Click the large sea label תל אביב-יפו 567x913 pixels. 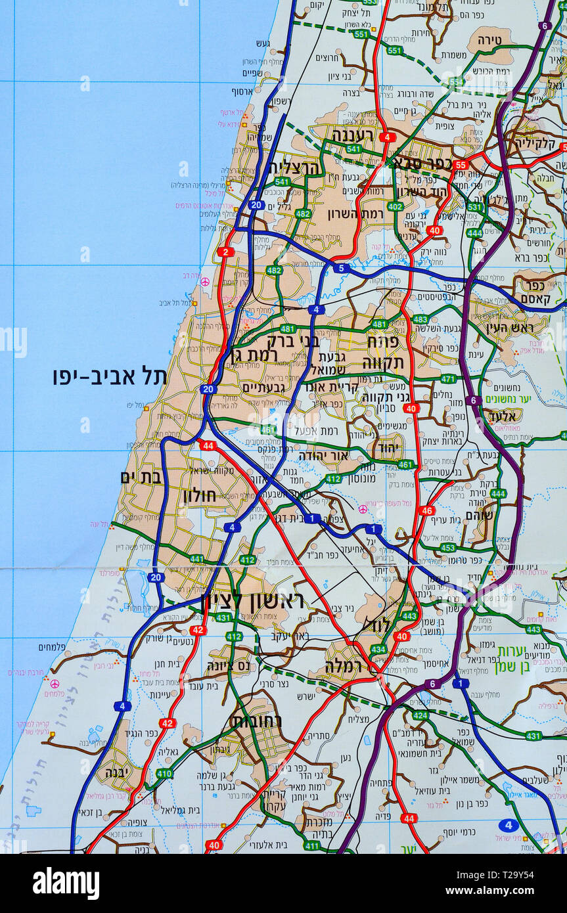point(110,376)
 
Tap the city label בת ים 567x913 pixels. point(141,478)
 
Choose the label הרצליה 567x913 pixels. point(293,167)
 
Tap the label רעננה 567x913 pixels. point(352,135)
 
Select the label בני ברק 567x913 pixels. point(292,341)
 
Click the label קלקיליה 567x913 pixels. point(535,143)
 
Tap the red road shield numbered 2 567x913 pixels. point(226,252)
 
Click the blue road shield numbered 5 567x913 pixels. point(341,267)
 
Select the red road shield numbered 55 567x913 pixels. point(461,164)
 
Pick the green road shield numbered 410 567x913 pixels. point(164,774)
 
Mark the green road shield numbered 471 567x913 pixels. point(449,379)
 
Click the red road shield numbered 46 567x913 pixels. point(427,510)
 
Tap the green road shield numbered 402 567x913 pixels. point(395,206)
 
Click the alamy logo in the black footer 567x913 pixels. point(66,883)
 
